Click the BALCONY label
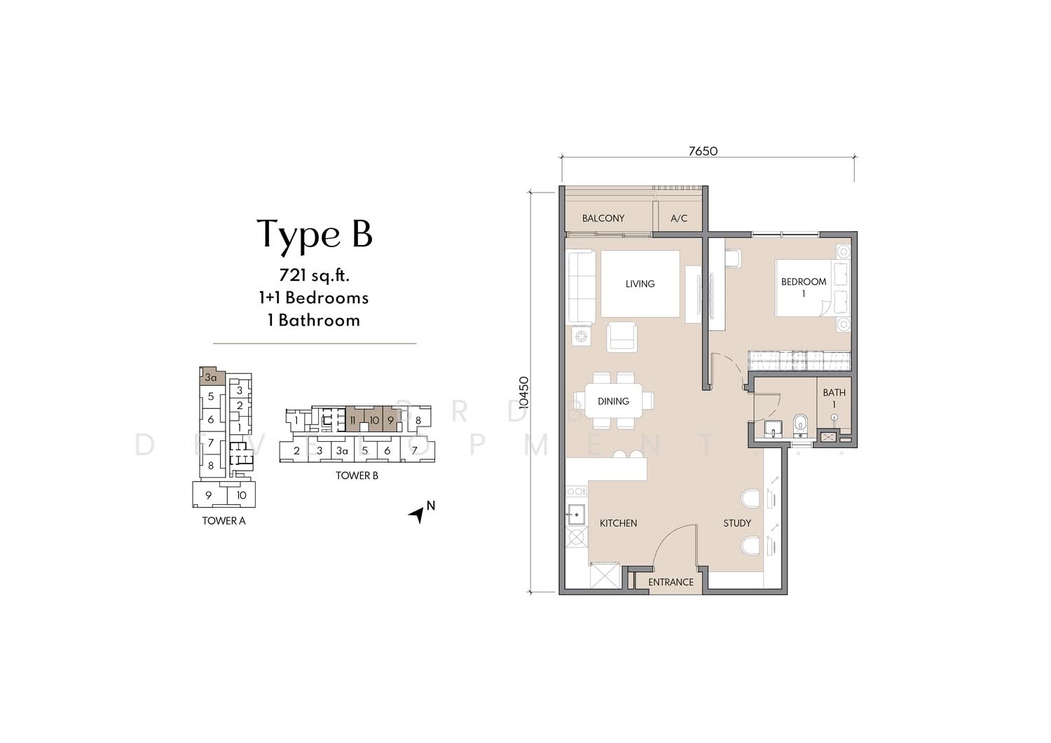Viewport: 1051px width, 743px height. [603, 218]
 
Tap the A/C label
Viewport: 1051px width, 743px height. [679, 218]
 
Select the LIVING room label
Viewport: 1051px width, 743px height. [640, 284]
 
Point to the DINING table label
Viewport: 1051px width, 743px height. [613, 401]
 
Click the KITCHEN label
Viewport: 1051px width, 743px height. [619, 523]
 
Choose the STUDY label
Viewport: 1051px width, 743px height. [737, 523]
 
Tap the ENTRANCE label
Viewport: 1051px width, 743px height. [671, 582]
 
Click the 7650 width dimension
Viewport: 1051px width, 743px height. [703, 151]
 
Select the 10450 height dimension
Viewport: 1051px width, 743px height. [524, 392]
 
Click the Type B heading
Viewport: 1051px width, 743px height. [315, 235]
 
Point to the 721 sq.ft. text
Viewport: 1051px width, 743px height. [314, 275]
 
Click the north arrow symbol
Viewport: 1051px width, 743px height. [416, 515]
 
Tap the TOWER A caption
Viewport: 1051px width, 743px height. [224, 521]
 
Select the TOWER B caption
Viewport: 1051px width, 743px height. [357, 475]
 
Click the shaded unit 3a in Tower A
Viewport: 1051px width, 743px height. [212, 376]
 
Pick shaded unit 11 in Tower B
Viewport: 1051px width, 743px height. [355, 418]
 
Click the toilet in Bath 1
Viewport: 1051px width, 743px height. [800, 424]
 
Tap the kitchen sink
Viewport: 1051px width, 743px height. [576, 515]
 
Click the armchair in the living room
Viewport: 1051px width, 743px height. [621, 337]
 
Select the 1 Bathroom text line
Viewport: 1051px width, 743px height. [314, 320]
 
